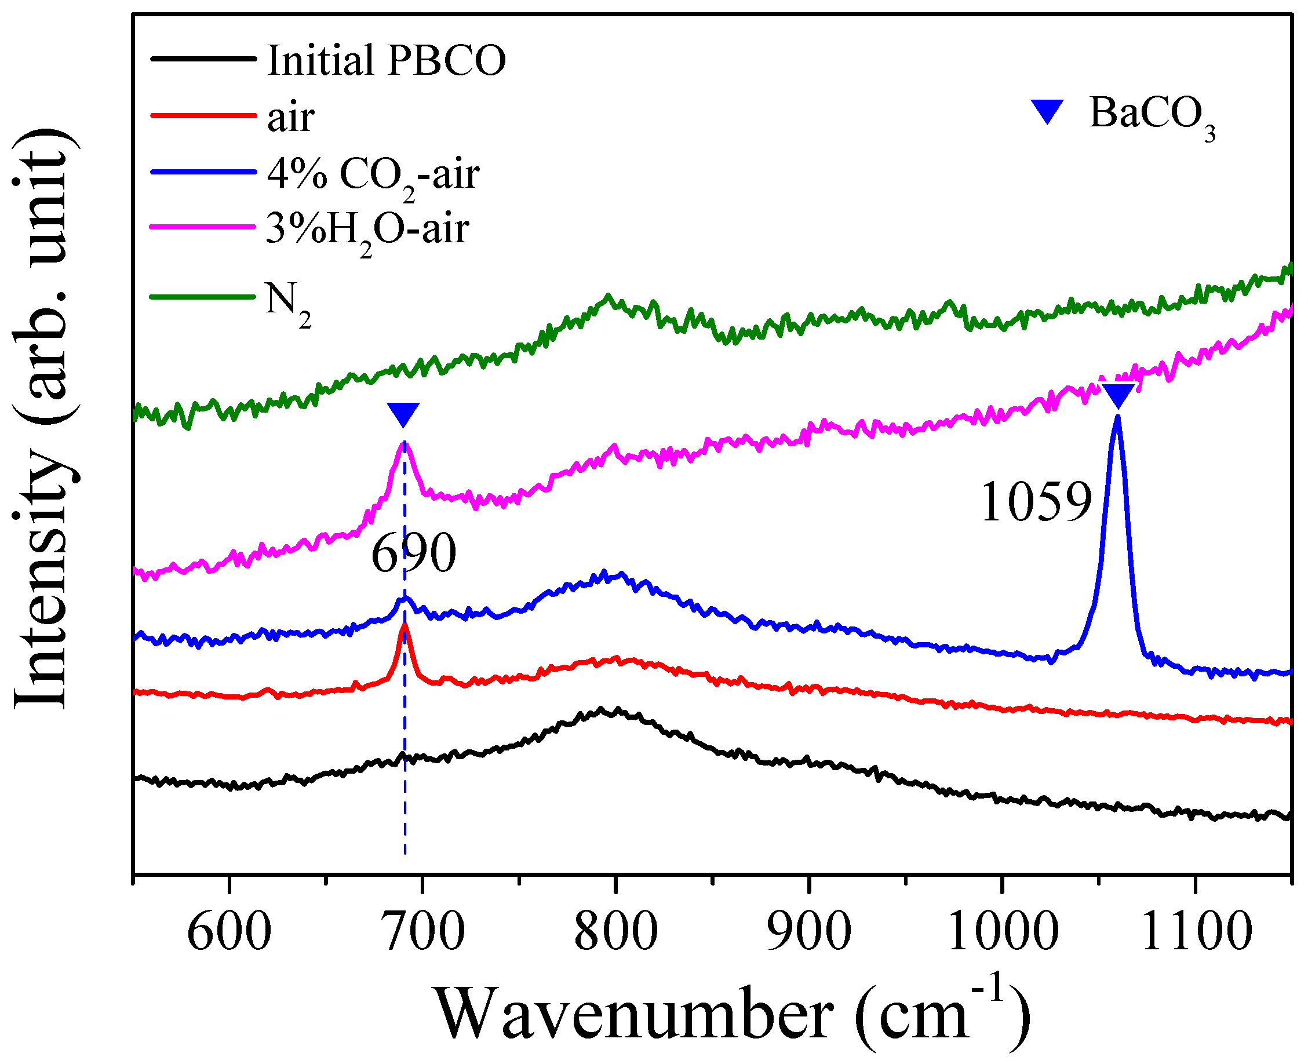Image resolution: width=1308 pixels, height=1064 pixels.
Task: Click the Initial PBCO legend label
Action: tap(386, 60)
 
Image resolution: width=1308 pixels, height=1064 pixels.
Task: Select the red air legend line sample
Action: tap(203, 115)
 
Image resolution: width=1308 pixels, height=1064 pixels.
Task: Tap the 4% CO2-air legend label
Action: tap(373, 174)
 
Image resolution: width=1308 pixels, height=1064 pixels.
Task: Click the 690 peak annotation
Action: tap(414, 553)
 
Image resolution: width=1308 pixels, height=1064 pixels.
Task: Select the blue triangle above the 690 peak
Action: tap(403, 414)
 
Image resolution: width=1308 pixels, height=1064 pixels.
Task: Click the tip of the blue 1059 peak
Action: tap(1117, 418)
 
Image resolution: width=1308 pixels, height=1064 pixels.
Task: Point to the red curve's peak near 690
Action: tap(405, 626)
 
